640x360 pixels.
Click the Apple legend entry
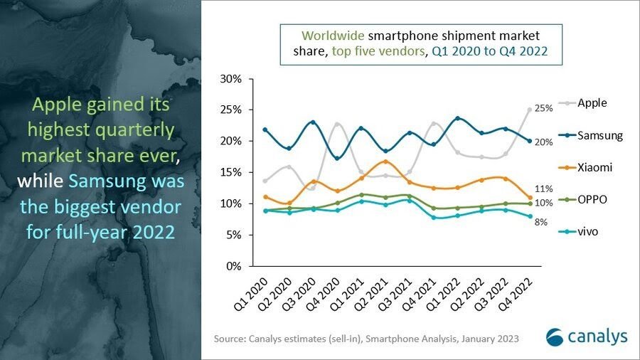click(x=592, y=103)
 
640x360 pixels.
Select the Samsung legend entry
click(x=599, y=135)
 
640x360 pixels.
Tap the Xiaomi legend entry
click(x=594, y=167)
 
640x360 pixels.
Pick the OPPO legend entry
click(x=592, y=200)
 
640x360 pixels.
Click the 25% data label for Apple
click(x=544, y=109)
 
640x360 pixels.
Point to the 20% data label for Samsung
click(x=544, y=142)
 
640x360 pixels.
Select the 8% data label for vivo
click(x=542, y=222)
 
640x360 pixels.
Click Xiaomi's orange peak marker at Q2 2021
click(x=385, y=162)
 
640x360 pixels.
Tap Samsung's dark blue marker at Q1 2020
click(x=265, y=129)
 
